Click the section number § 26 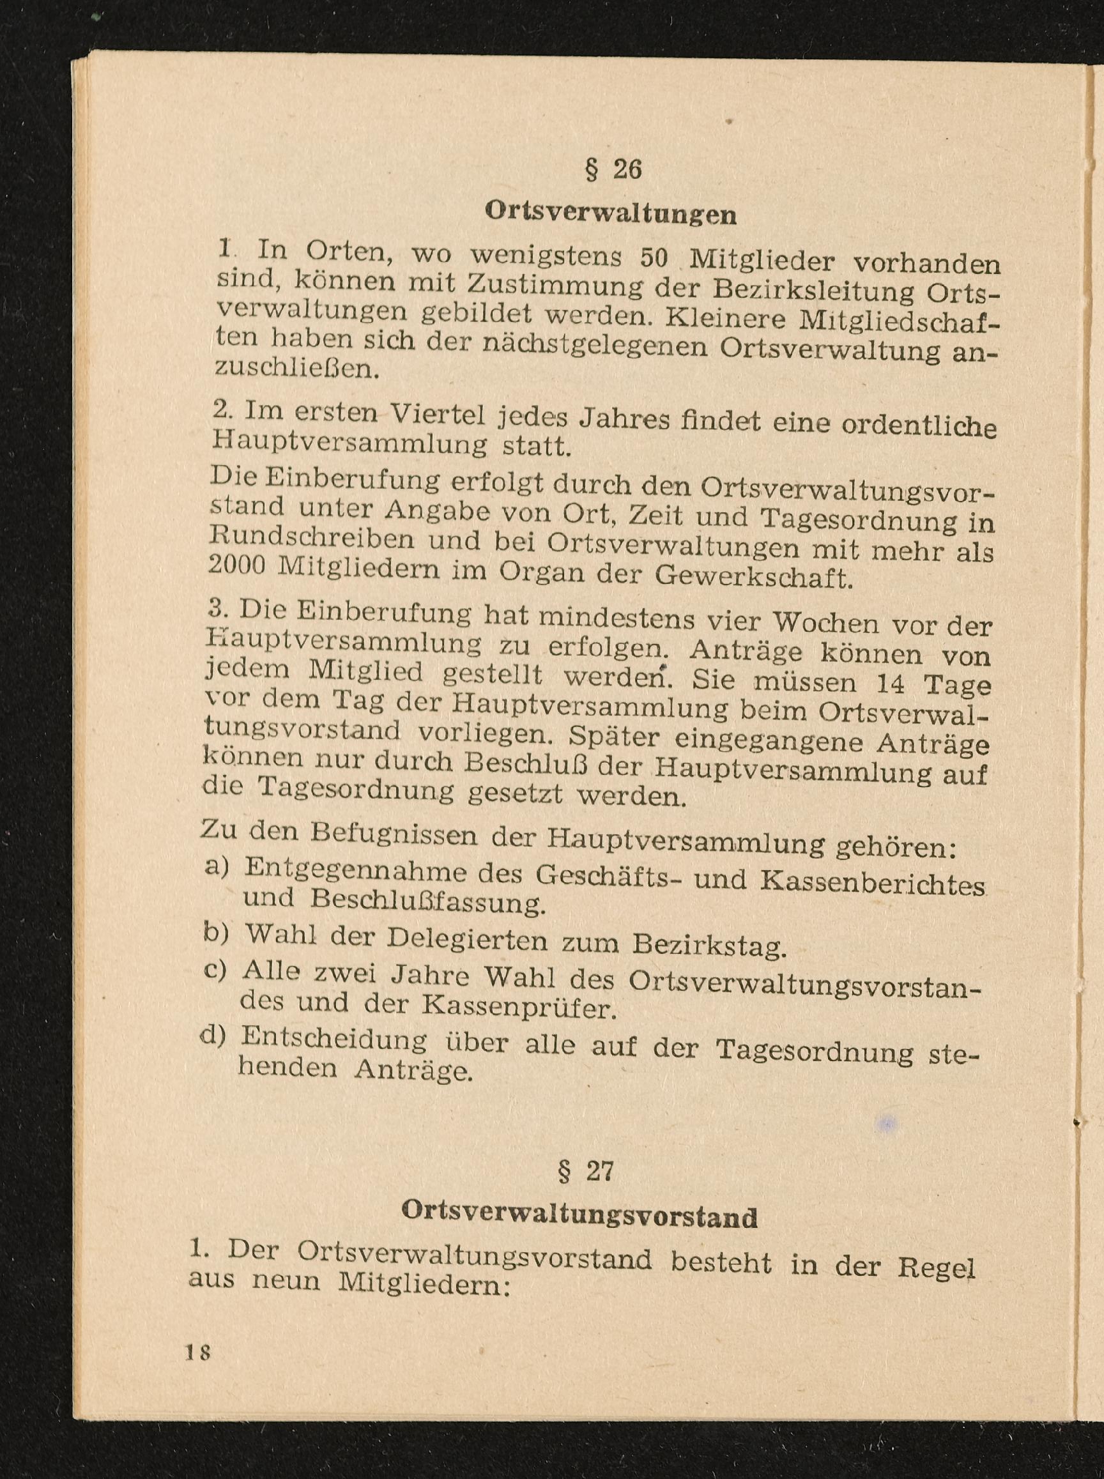pos(613,170)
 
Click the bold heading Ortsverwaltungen pos(611,213)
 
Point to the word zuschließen pos(299,367)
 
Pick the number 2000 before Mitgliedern pos(238,565)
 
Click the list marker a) pos(217,867)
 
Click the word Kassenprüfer pos(518,1006)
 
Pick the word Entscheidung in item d pos(334,1039)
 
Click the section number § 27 pos(585,1171)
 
